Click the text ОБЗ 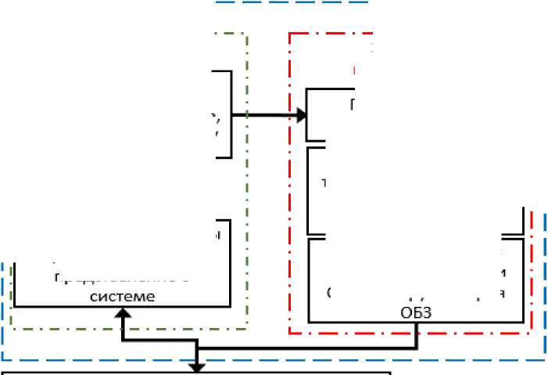click(x=417, y=312)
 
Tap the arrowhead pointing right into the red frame click(x=301, y=116)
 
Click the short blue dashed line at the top click(x=290, y=2)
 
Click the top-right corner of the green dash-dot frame click(x=246, y=34)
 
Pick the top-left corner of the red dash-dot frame click(x=290, y=34)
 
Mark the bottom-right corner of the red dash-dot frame click(x=532, y=333)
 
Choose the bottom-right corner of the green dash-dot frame click(x=247, y=328)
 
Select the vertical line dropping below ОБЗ click(x=417, y=332)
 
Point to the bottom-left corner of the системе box click(x=16, y=305)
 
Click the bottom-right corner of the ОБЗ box click(x=522, y=322)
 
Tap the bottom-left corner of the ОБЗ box click(x=310, y=322)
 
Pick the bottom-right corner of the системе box click(x=230, y=305)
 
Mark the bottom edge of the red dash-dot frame click(x=407, y=334)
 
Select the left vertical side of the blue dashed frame click(x=3, y=313)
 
